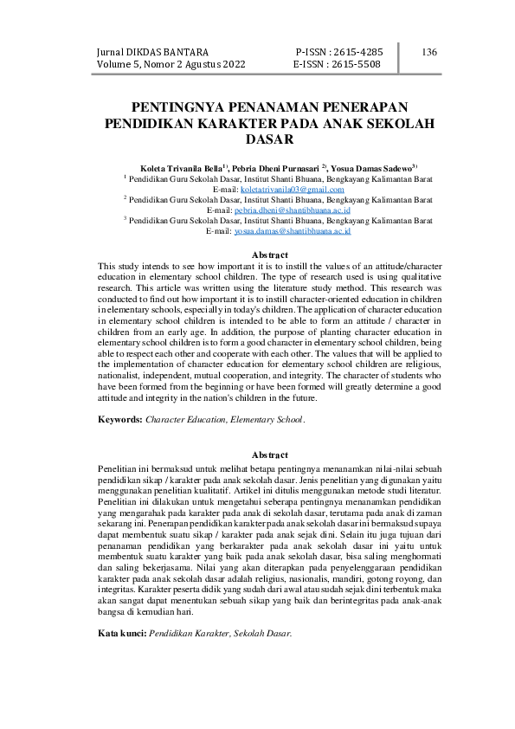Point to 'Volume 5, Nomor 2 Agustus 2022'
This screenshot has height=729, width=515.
172,65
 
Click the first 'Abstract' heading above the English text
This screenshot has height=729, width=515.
268,255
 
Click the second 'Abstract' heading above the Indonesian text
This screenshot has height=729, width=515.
268,455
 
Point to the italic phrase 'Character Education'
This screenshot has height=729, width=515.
182,419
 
